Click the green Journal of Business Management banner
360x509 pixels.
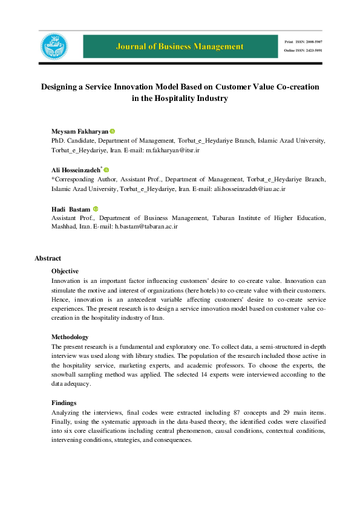[x=181, y=46]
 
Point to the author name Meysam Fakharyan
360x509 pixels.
[x=79, y=132]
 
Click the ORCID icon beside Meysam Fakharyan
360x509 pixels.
[x=113, y=132]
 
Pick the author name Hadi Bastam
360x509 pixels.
[x=71, y=209]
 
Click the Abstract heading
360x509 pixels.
[x=48, y=258]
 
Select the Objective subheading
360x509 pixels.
[x=65, y=271]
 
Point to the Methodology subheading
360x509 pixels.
[x=70, y=337]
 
